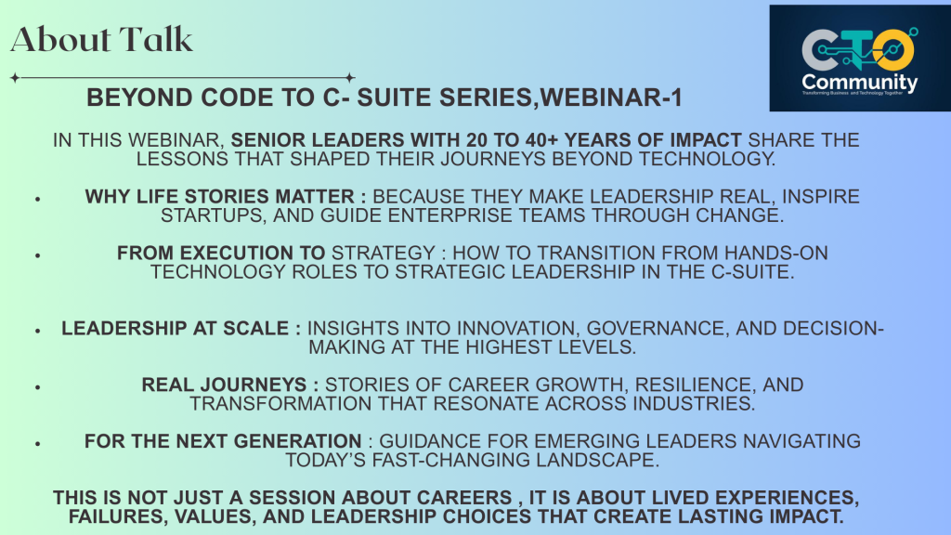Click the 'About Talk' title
(102, 39)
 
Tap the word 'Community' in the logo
(859, 83)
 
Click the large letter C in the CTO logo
(818, 49)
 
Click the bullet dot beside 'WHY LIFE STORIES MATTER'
(36, 199)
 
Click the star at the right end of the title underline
(349, 78)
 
